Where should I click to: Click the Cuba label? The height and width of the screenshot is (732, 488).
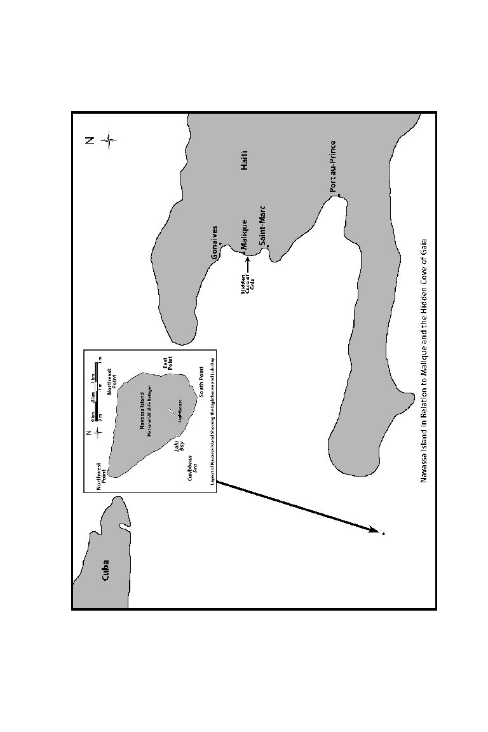click(105, 569)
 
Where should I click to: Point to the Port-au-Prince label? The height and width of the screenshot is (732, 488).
click(333, 166)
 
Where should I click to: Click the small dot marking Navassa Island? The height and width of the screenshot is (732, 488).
click(383, 534)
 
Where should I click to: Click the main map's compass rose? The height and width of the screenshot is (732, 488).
click(109, 140)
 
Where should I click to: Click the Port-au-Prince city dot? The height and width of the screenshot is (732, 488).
click(339, 194)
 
